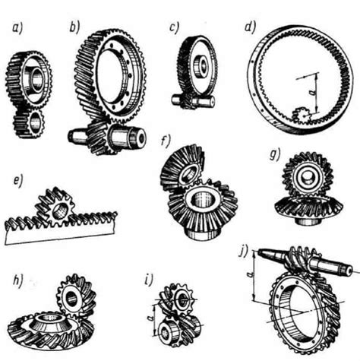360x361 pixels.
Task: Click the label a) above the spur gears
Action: click(x=17, y=27)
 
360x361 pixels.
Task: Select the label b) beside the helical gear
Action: click(x=74, y=27)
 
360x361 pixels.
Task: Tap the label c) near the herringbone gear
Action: click(x=174, y=27)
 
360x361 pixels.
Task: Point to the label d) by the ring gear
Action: click(x=251, y=27)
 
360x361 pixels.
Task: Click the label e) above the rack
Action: click(x=18, y=182)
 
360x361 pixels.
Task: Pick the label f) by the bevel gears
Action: click(x=166, y=141)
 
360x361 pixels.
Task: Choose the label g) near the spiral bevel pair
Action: click(x=275, y=154)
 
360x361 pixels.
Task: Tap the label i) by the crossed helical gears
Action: click(x=149, y=280)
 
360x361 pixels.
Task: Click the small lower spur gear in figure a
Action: click(x=29, y=123)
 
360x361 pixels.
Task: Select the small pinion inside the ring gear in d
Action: click(x=300, y=116)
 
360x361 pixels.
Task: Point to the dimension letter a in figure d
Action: click(x=311, y=93)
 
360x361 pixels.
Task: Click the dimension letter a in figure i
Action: click(x=150, y=318)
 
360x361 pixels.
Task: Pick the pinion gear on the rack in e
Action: click(x=55, y=207)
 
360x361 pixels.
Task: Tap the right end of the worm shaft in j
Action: click(x=351, y=271)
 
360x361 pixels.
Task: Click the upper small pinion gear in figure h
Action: click(x=76, y=296)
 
